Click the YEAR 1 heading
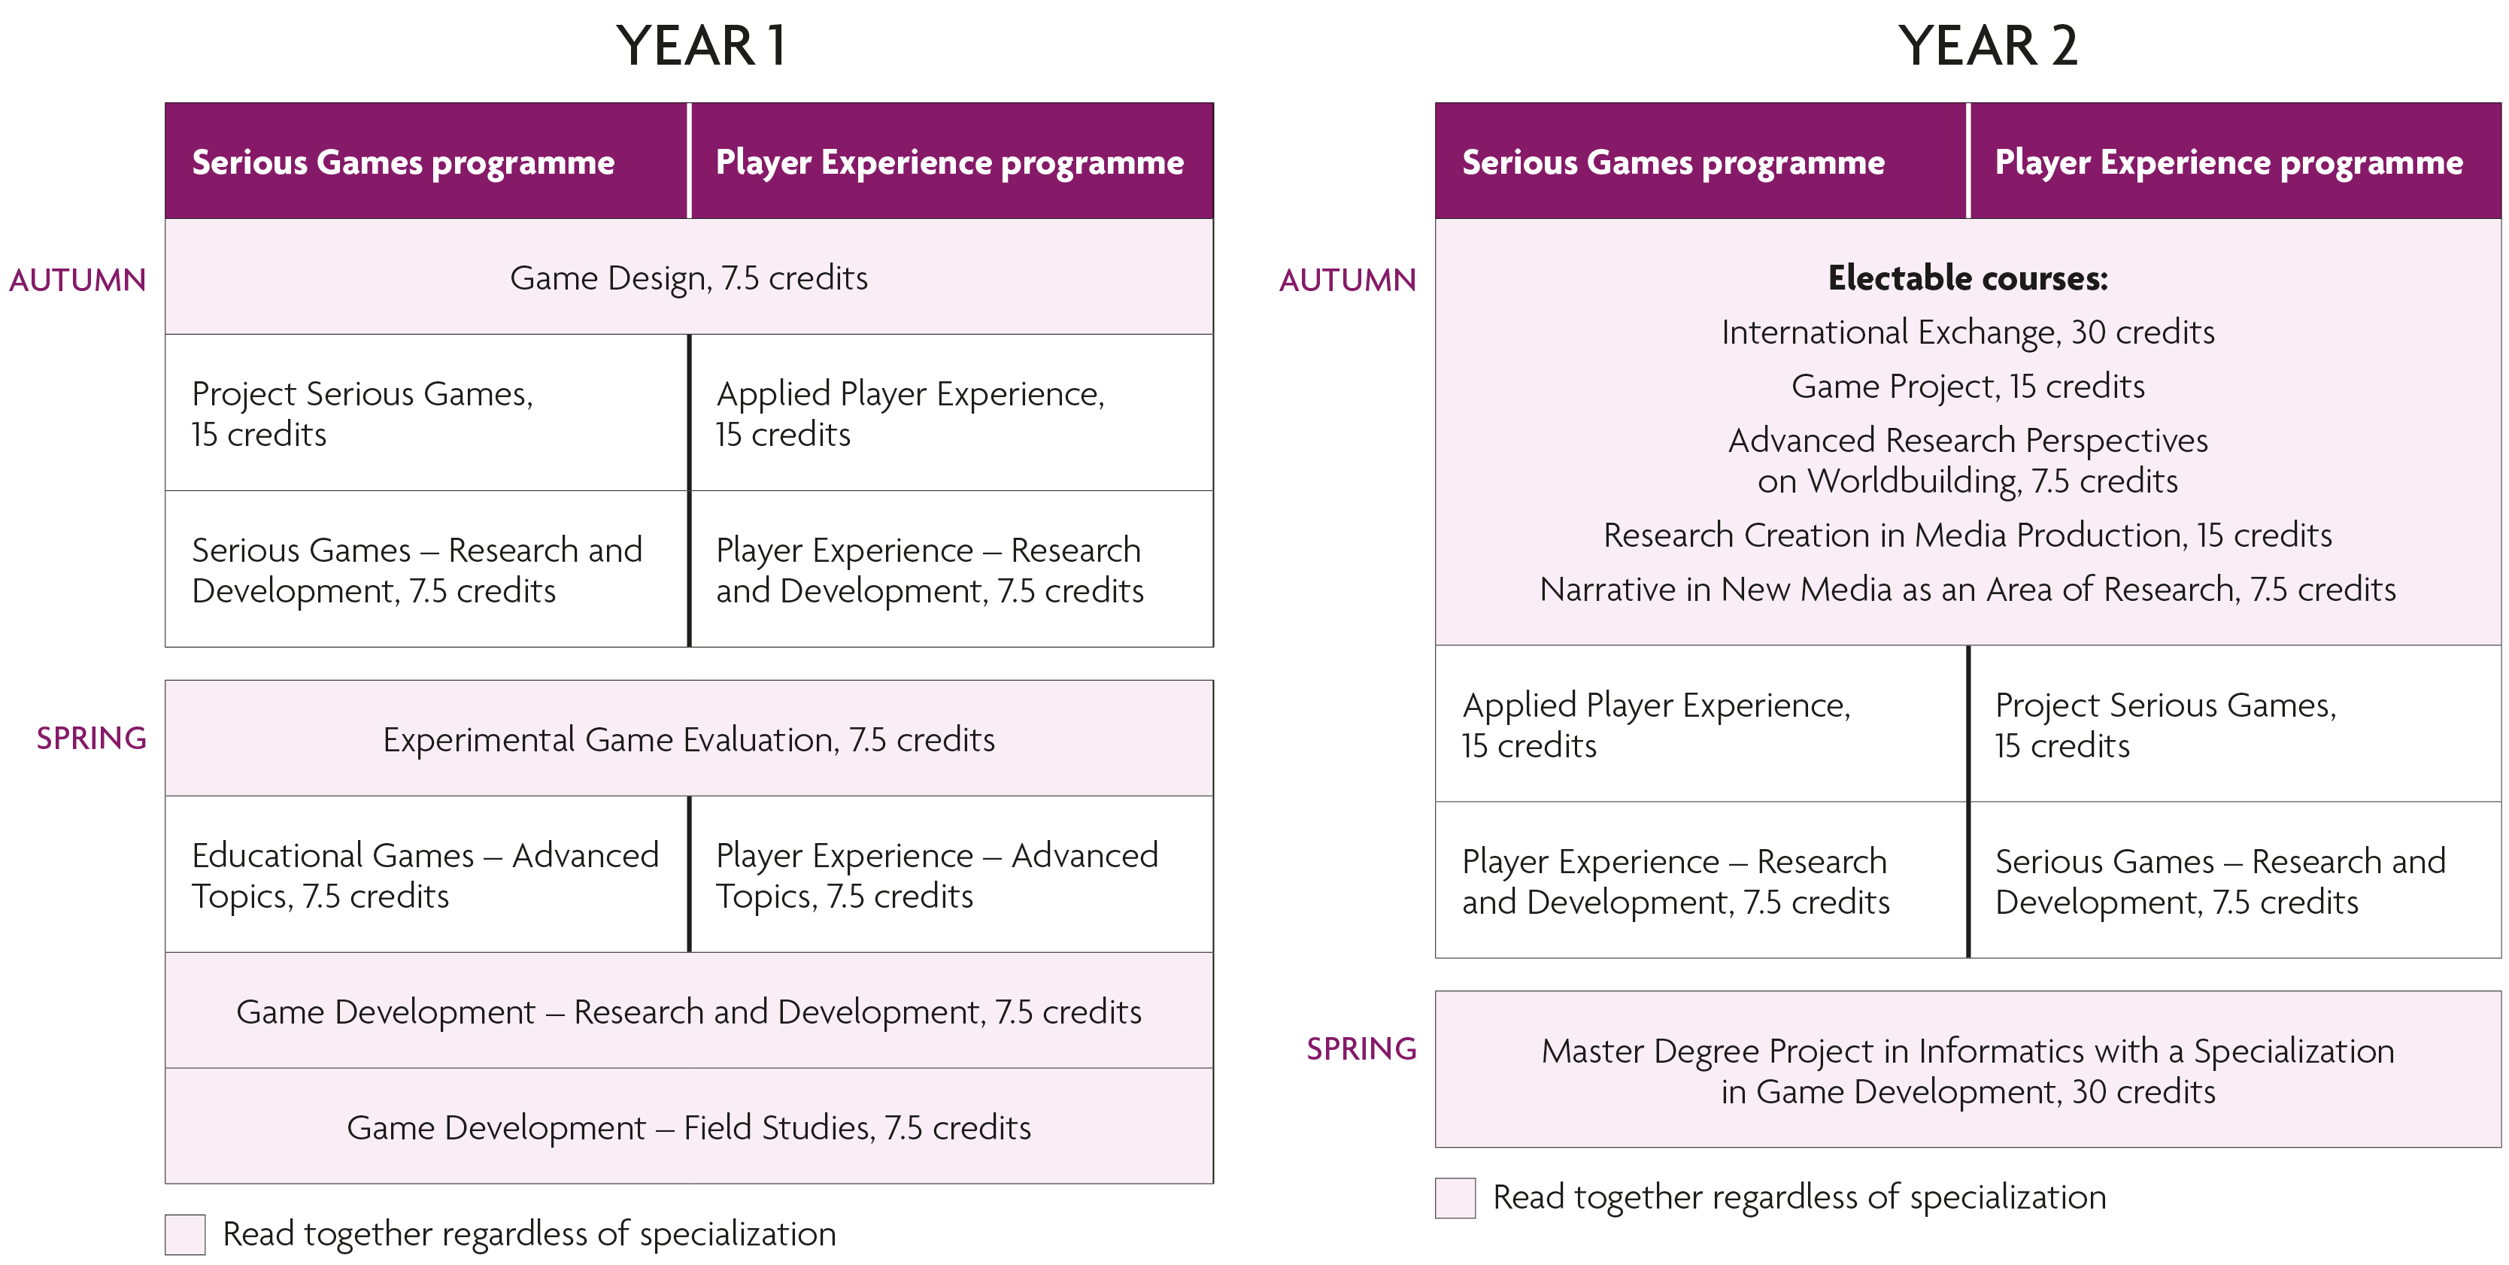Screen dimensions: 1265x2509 click(x=700, y=46)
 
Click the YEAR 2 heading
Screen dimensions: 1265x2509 click(x=1987, y=46)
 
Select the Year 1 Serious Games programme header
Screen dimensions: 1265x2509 click(x=403, y=162)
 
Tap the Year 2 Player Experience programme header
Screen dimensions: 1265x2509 click(x=2228, y=162)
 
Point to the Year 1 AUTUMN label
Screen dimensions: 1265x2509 click(x=78, y=281)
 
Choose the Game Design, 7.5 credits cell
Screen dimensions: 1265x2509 click(x=689, y=278)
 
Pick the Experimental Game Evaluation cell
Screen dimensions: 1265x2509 click(x=689, y=740)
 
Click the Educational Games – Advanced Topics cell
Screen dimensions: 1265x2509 click(x=426, y=875)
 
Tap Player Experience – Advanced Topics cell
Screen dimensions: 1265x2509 click(x=937, y=875)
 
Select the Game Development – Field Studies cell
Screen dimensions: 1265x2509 click(x=689, y=1127)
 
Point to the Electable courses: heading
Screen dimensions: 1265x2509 click(x=1967, y=278)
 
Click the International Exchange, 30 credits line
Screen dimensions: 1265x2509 click(x=1967, y=333)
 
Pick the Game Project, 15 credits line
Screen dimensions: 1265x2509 click(x=1967, y=387)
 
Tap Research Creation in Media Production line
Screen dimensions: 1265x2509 click(x=1967, y=535)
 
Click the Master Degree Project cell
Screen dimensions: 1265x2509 click(x=1967, y=1071)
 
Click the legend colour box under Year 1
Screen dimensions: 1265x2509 click(x=185, y=1235)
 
